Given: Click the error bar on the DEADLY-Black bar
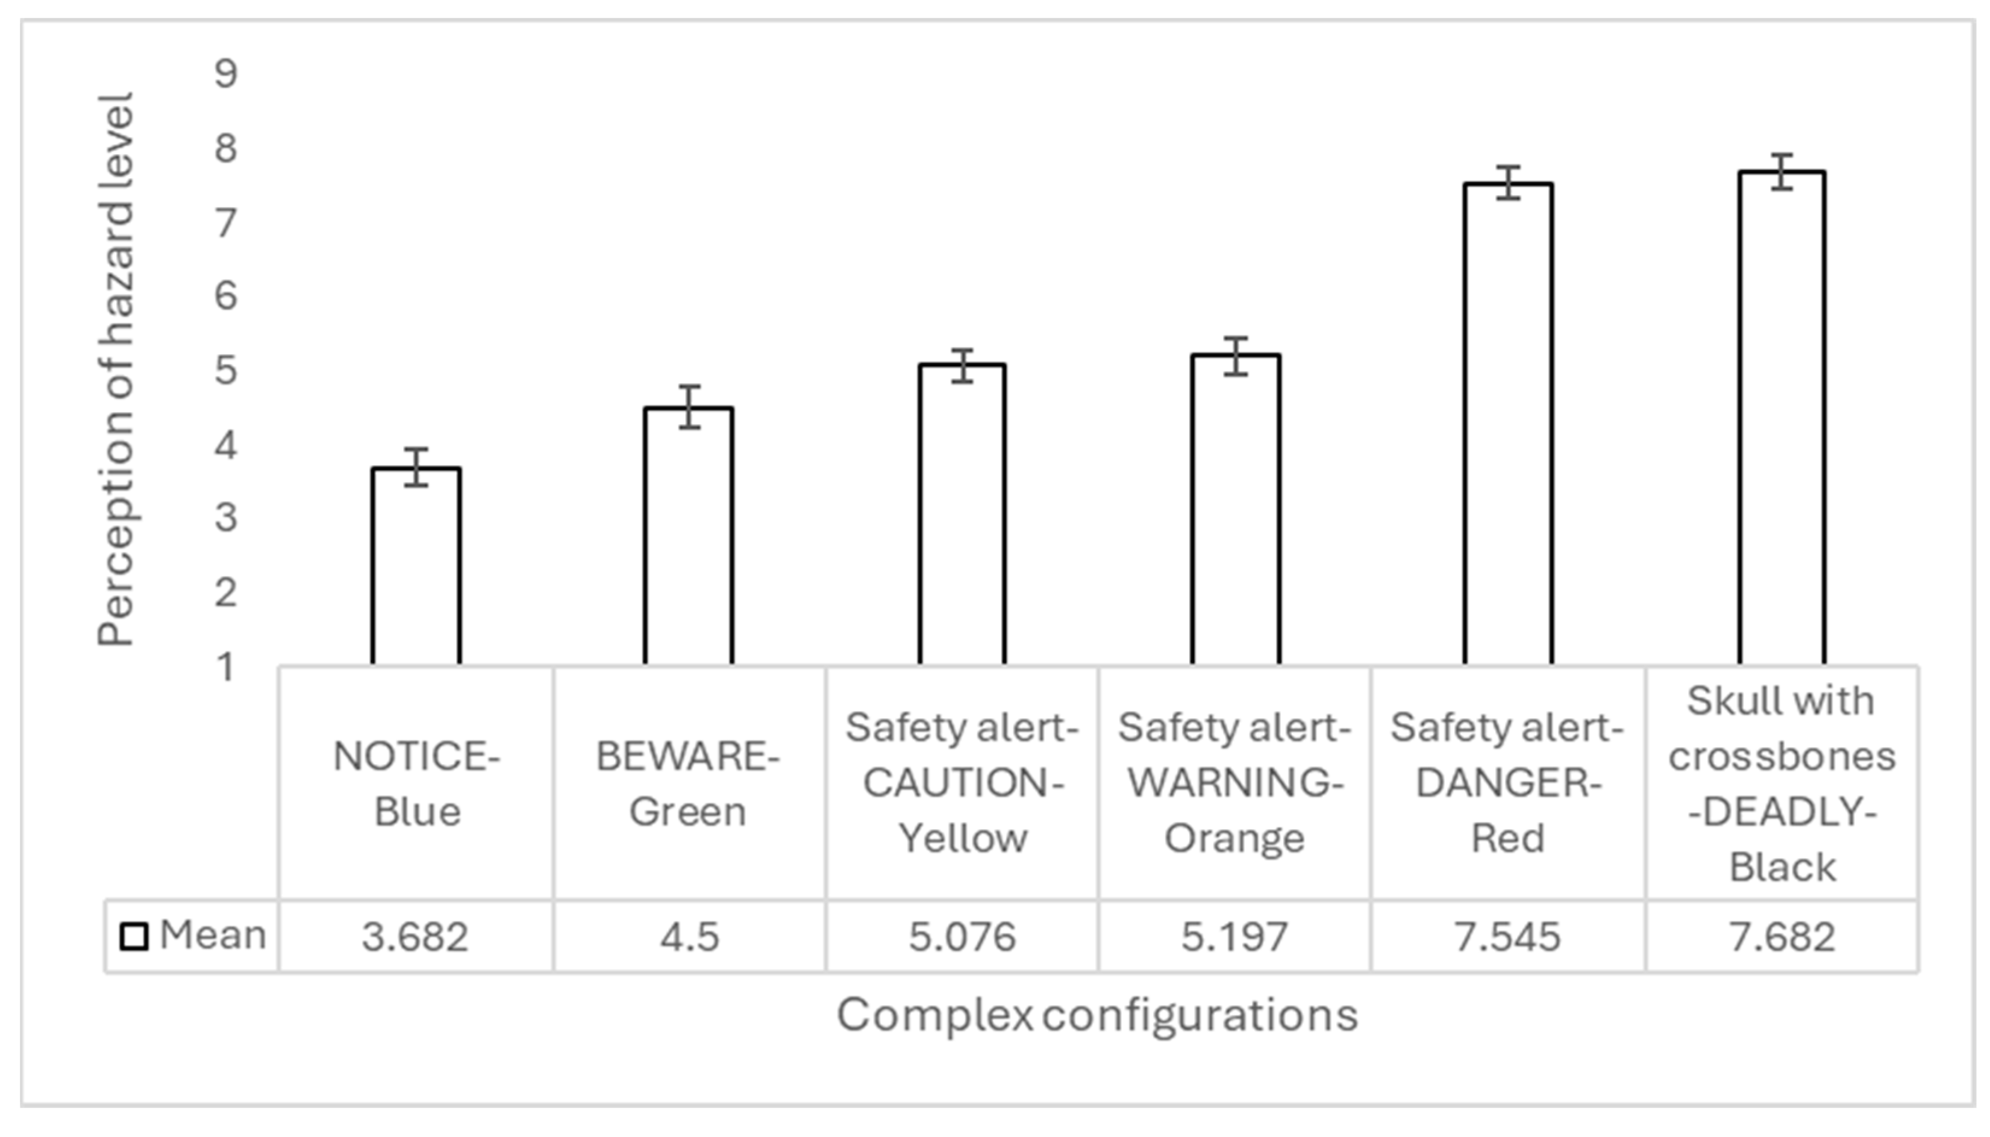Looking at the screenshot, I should point(1782,172).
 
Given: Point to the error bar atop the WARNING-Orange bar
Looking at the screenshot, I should point(1235,356).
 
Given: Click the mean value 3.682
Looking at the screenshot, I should point(415,936).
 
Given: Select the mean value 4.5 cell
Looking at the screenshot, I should point(689,936).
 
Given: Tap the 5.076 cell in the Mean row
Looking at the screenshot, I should point(962,936).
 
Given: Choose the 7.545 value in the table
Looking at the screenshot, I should point(1507,936).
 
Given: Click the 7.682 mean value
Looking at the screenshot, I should point(1782,936).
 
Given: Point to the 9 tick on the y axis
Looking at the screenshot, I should point(225,74).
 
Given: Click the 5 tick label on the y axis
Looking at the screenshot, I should point(225,370).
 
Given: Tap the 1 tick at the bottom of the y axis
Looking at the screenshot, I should point(225,667).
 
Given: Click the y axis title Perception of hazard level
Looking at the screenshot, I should point(116,370).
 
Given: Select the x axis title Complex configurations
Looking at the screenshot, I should point(1097,1015).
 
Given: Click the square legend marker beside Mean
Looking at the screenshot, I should point(134,936).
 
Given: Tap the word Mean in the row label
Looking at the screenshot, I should point(212,935).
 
